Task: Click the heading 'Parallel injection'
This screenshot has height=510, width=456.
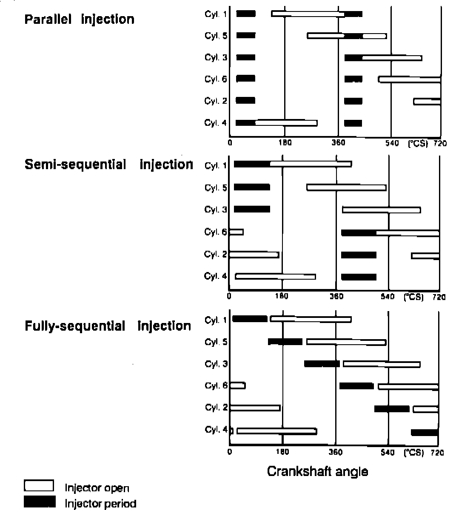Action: tap(80, 20)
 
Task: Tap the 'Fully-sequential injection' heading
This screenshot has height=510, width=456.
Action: tap(108, 326)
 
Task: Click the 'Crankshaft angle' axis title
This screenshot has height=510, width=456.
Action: tap(317, 471)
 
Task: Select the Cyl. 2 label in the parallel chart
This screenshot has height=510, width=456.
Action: tap(216, 101)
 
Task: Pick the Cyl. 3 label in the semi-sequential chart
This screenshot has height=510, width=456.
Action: tap(216, 210)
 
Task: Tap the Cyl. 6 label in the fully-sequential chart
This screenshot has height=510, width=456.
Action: tap(216, 386)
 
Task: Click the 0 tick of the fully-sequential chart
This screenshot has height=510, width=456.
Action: tap(230, 453)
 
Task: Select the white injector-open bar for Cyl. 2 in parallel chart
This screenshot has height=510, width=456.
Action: tap(427, 102)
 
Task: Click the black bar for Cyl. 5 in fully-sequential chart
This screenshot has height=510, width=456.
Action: tap(285, 342)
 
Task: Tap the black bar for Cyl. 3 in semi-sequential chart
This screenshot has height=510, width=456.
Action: tap(252, 209)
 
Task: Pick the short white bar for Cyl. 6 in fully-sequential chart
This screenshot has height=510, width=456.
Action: tap(237, 385)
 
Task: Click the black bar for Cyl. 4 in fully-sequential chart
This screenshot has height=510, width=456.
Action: tap(424, 433)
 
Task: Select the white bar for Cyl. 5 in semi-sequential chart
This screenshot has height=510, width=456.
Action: tap(346, 187)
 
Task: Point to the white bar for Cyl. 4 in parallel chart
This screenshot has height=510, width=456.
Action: tap(286, 123)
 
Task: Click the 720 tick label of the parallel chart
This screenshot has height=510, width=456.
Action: tap(440, 144)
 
